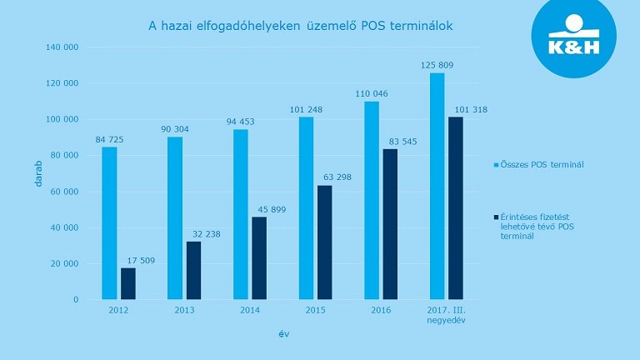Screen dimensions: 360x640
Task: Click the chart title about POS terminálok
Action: [x=302, y=27]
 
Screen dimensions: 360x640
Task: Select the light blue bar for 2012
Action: [x=109, y=222]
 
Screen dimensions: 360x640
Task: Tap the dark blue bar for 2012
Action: [x=127, y=283]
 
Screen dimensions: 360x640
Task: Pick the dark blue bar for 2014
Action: [x=259, y=257]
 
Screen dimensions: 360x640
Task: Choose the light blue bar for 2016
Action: [x=372, y=200]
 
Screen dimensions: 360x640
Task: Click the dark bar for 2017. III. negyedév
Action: [x=455, y=207]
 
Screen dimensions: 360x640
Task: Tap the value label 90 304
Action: [x=173, y=129]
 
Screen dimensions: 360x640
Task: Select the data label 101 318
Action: [x=471, y=109]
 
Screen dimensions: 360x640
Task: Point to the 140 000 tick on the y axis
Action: [x=63, y=47]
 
